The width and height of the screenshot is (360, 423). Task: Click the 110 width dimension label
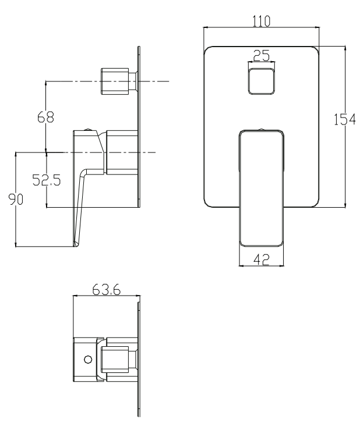pos(261,21)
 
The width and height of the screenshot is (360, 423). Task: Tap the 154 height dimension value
pos(345,119)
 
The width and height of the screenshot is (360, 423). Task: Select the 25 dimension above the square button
pos(262,55)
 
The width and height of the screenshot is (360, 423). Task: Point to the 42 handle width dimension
pos(262,260)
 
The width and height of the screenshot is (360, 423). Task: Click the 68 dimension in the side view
pos(45,117)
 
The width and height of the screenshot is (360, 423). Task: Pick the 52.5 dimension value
pos(47,180)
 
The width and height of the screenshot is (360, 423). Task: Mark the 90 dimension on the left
pos(16,199)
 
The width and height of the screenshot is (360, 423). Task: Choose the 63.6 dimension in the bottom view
pos(106,290)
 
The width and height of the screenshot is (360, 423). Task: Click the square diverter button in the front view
pos(262,81)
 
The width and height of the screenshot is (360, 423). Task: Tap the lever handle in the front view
pos(262,189)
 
